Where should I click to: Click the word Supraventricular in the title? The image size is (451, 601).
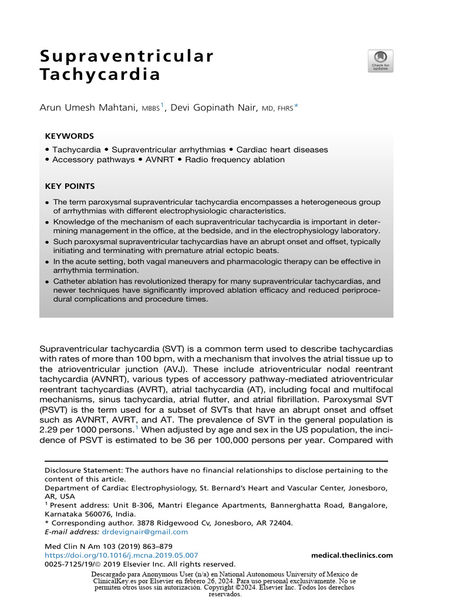click(x=126, y=56)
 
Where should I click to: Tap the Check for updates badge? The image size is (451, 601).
click(x=381, y=61)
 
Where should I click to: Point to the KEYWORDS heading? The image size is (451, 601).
click(x=69, y=136)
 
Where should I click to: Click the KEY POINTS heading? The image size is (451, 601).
click(x=70, y=187)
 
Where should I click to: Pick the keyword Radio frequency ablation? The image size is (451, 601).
click(x=235, y=160)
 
